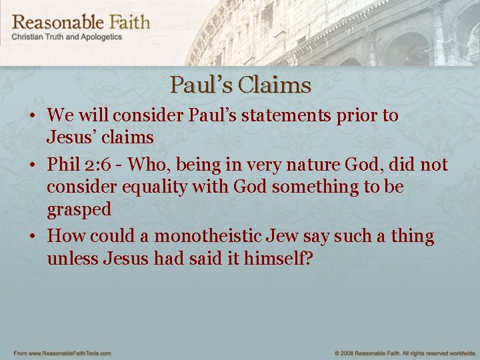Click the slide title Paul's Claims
tap(240, 85)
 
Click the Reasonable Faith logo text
tap(81, 21)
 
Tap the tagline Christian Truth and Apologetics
tap(67, 37)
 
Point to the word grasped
tap(79, 210)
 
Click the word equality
tap(159, 187)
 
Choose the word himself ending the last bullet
tap(274, 258)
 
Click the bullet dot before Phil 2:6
tap(32, 164)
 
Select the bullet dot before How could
tap(32, 237)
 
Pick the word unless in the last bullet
tap(73, 258)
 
